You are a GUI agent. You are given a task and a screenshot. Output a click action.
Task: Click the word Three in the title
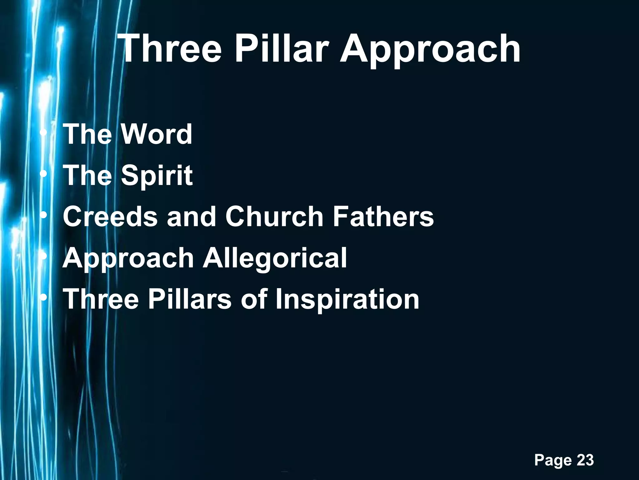point(170,49)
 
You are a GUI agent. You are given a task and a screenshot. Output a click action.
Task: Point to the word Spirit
point(157,176)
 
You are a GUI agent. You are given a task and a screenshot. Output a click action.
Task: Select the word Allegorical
point(275,258)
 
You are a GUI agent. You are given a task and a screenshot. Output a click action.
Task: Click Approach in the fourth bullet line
point(128,259)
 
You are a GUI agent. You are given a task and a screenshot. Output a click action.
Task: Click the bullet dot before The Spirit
point(45,174)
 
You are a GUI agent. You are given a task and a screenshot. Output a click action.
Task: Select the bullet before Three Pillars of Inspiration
point(45,297)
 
